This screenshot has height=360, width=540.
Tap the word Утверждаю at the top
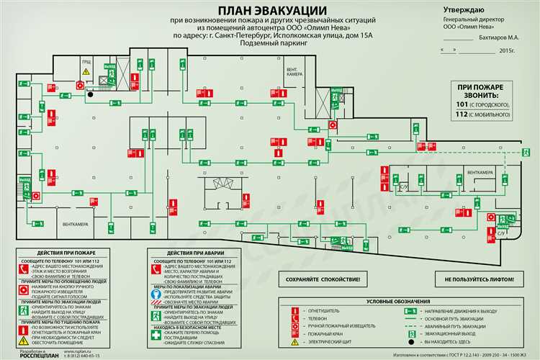(x=464, y=9)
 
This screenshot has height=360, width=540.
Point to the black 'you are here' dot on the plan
(x=90, y=92)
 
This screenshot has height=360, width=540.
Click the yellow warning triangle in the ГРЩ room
(x=85, y=72)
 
